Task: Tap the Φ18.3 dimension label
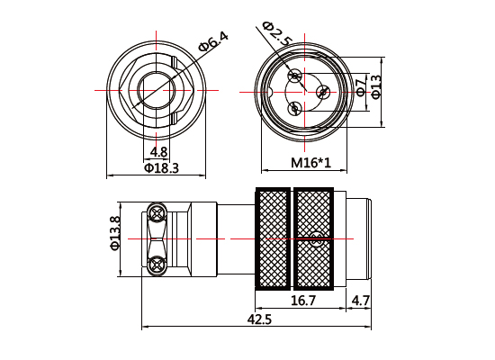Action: [161, 167]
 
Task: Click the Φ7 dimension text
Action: [361, 87]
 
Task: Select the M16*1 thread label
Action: [311, 163]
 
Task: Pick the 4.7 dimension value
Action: [361, 300]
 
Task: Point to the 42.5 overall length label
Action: [259, 319]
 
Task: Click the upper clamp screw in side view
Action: [157, 213]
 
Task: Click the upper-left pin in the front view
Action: [293, 76]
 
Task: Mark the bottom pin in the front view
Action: [294, 108]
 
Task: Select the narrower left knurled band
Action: [273, 238]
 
